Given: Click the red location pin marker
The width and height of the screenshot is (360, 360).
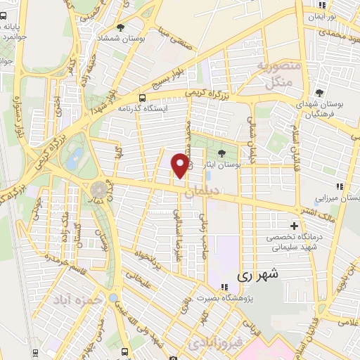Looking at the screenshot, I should coord(180,165).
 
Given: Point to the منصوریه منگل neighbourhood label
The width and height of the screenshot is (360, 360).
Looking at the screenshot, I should coord(272,75).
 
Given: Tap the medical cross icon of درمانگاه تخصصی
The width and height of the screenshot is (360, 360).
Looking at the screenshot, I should coord(295,226).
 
